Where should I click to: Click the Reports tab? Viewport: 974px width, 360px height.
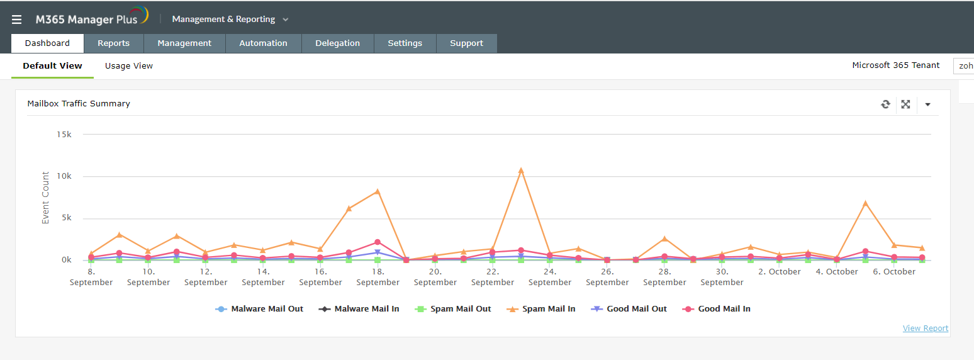113,43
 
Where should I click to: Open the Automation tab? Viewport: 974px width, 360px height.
263,43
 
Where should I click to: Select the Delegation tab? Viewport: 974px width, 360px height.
337,43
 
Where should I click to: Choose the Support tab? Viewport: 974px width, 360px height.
466,43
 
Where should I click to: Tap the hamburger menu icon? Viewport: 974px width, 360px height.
17,20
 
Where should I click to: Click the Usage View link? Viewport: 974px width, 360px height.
129,65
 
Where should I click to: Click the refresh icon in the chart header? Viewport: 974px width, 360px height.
885,104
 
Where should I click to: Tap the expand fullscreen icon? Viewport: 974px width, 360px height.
905,104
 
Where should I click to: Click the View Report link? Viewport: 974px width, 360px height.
925,328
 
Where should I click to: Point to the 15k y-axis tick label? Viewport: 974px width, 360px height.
64,135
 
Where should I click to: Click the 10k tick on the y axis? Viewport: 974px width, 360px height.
64,176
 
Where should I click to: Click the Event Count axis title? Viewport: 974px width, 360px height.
45,198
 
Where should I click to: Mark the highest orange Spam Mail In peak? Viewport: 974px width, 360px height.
521,171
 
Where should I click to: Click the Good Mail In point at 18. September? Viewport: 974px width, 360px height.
378,242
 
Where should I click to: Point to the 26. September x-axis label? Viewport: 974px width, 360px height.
607,277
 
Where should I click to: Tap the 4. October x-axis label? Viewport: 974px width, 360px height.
837,272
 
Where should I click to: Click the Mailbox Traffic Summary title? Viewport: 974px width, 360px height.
79,104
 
